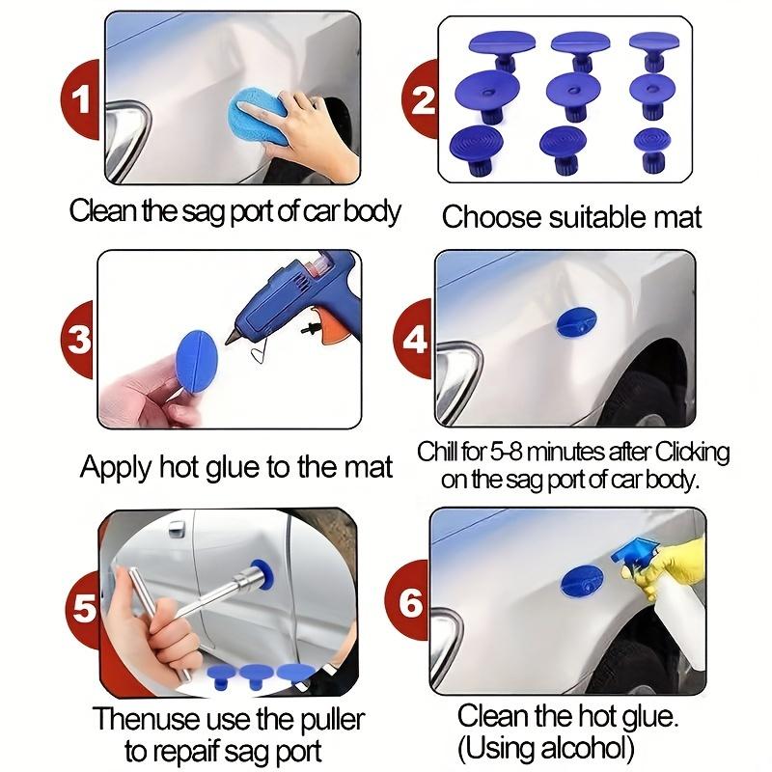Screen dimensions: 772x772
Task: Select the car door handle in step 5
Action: point(176,530)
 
